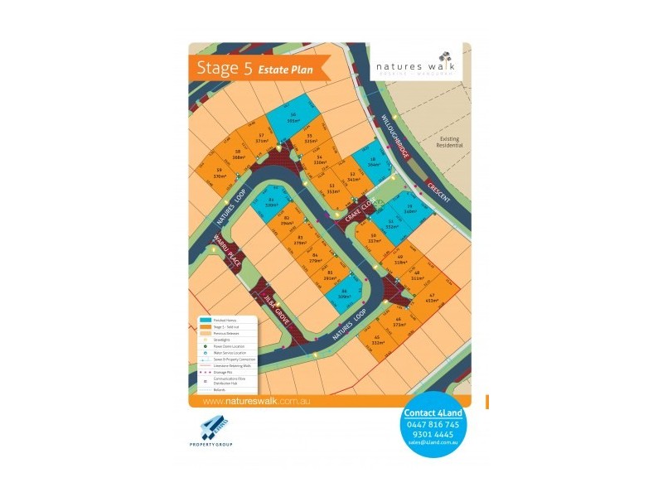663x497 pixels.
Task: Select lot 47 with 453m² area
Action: [x=432, y=298]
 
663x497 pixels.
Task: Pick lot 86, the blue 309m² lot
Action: [x=344, y=292]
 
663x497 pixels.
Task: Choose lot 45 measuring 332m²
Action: [x=377, y=340]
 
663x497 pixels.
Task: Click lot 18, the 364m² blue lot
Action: [x=374, y=163]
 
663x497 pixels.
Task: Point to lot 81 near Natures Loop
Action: [x=272, y=203]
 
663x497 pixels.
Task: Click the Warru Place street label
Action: [x=226, y=249]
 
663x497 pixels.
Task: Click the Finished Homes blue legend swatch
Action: [x=205, y=319]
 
